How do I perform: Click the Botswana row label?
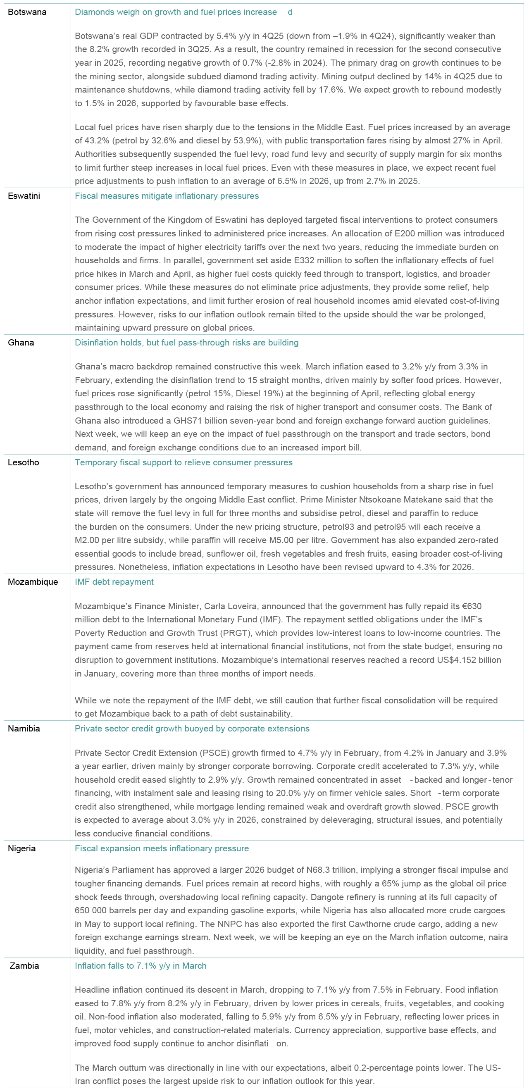[x=27, y=12]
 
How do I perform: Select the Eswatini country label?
[x=24, y=195]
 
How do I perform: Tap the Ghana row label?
[x=21, y=342]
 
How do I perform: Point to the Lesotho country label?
[x=23, y=462]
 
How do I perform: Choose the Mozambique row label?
[x=33, y=581]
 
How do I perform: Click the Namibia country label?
[x=24, y=728]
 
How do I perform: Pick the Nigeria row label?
[x=21, y=848]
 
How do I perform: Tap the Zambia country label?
[x=24, y=965]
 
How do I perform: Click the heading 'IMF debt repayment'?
[x=114, y=581]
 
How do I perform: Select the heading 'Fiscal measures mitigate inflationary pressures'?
[x=167, y=195]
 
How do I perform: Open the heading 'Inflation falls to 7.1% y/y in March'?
[x=140, y=965]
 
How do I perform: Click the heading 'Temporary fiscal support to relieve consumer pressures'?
[x=183, y=462]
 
